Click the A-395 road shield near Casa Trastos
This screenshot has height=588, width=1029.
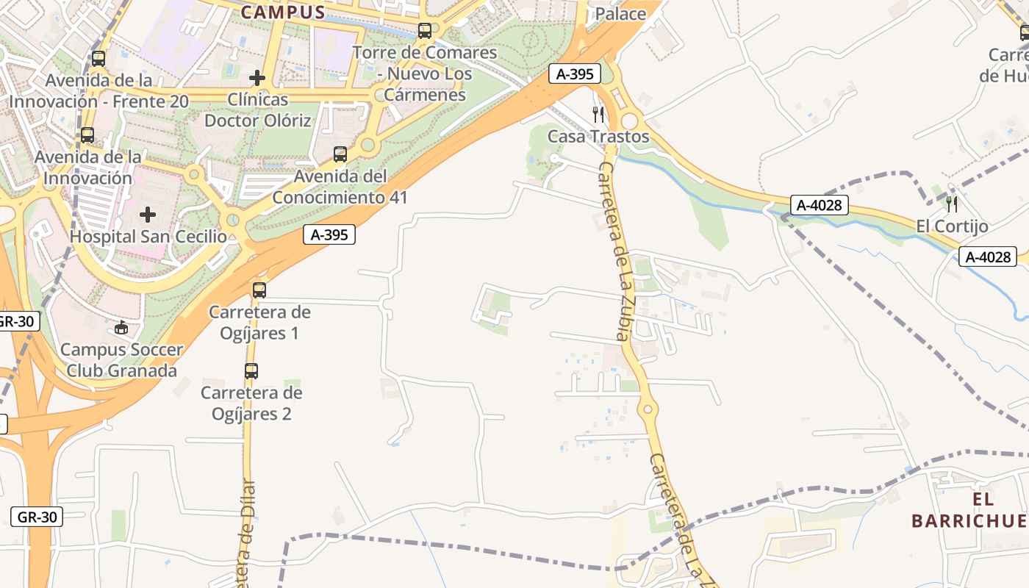pyautogui.click(x=575, y=73)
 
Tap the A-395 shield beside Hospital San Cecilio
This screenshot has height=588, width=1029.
pyautogui.click(x=329, y=234)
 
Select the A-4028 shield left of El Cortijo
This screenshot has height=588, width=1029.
pyautogui.click(x=820, y=204)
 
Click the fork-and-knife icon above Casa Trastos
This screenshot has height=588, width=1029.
pyautogui.click(x=598, y=114)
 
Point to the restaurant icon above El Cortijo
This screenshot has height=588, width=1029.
pyautogui.click(x=952, y=204)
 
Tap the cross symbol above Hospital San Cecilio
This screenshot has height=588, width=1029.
pyautogui.click(x=148, y=215)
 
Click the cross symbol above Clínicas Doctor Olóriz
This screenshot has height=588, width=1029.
pyautogui.click(x=257, y=77)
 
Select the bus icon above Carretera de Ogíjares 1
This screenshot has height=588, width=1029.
pyautogui.click(x=259, y=290)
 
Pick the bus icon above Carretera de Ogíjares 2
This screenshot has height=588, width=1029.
pyautogui.click(x=251, y=371)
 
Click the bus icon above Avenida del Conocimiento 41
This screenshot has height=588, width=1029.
pyautogui.click(x=340, y=154)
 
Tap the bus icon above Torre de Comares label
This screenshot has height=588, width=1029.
pyautogui.click(x=425, y=31)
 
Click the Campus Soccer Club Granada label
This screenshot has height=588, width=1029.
pyautogui.click(x=121, y=360)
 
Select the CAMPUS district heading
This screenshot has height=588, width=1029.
pyautogui.click(x=283, y=12)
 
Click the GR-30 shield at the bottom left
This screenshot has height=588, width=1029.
pyautogui.click(x=37, y=517)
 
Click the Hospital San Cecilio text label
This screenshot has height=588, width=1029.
pyautogui.click(x=148, y=237)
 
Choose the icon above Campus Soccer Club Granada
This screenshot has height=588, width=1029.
pyautogui.click(x=121, y=327)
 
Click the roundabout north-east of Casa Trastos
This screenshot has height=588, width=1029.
pyautogui.click(x=629, y=121)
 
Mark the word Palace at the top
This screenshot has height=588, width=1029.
pyautogui.click(x=620, y=13)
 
